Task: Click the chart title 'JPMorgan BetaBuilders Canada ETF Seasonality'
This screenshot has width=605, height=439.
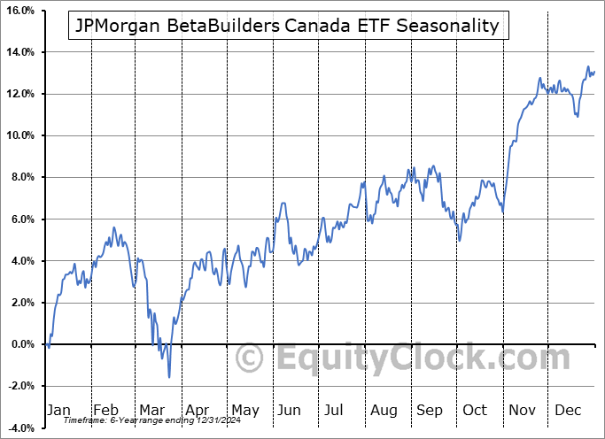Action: coord(289,26)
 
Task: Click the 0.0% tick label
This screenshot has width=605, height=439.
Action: coord(21,344)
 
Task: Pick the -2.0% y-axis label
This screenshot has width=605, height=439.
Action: coord(20,386)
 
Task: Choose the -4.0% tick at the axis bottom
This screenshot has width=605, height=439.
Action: coord(20,427)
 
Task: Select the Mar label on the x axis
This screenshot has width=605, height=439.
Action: coord(151,410)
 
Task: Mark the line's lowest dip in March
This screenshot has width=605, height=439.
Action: coord(169,377)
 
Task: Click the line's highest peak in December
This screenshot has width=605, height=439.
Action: coord(587,66)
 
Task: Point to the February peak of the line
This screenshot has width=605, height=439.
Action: coord(114,227)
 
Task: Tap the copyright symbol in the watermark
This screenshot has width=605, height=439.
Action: coord(251,358)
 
